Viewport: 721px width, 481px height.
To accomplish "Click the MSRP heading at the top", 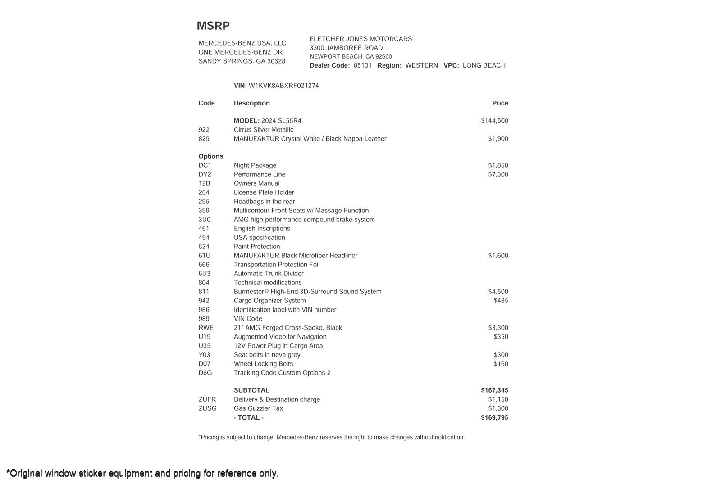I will [213, 26].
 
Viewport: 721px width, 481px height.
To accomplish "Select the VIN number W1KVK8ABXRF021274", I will [283, 86].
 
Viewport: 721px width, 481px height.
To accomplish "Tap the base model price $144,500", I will [494, 121].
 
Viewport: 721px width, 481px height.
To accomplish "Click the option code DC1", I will [205, 165].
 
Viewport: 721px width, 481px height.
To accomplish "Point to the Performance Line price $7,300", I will [498, 174].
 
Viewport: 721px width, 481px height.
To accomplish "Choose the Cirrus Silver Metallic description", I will [263, 130].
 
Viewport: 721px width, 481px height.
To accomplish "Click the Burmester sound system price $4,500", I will [498, 292].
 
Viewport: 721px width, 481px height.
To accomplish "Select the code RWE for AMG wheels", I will [206, 328].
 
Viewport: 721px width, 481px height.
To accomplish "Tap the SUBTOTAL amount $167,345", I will [494, 390].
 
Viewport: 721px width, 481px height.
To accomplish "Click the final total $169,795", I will [494, 417].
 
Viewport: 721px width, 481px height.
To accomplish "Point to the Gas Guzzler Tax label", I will [258, 408].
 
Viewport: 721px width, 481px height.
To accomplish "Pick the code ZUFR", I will [207, 399].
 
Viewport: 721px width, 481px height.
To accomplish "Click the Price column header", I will [500, 103].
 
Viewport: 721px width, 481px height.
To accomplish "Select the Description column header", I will [251, 103].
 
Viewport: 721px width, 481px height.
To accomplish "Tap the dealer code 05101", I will [362, 65].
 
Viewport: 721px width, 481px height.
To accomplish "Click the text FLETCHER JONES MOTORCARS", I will [360, 39].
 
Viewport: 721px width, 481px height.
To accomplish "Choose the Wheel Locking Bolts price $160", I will [501, 364].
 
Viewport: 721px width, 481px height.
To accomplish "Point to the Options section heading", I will [210, 156].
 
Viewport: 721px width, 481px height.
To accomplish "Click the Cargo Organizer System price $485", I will [501, 301].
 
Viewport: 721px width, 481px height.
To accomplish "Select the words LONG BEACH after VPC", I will [484, 65].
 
